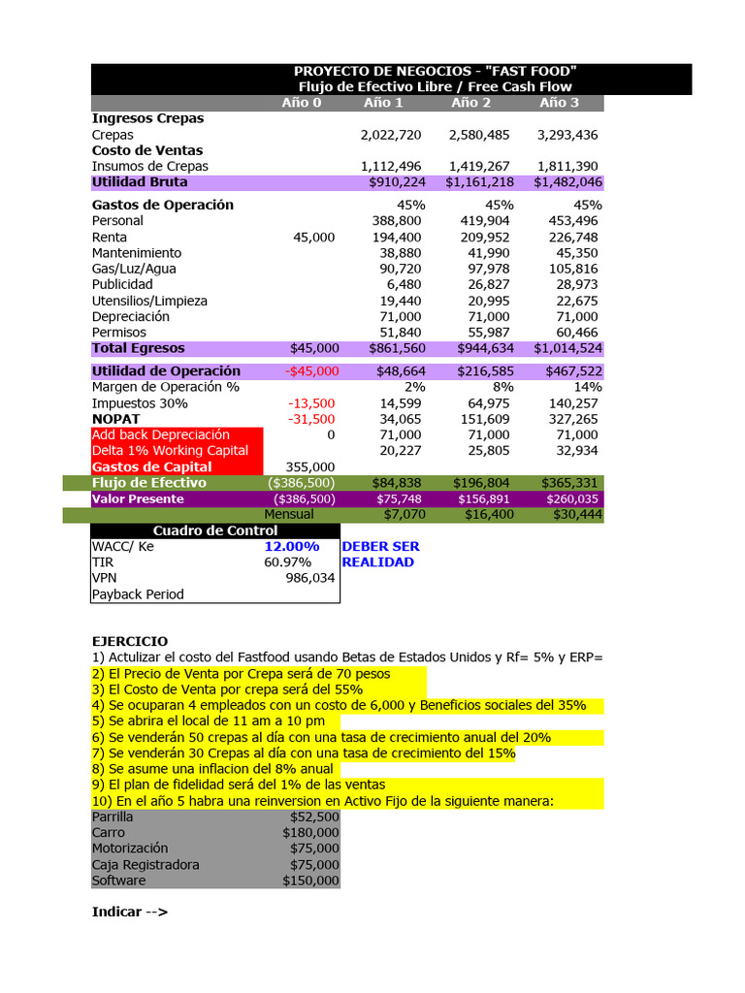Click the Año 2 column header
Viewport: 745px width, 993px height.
(x=471, y=103)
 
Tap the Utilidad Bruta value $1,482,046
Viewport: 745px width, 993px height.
(x=567, y=182)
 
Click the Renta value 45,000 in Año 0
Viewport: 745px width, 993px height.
(x=313, y=238)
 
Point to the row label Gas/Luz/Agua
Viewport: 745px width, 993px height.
(x=134, y=269)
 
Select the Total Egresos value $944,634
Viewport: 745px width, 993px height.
(x=479, y=348)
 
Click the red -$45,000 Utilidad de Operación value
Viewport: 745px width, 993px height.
(x=312, y=371)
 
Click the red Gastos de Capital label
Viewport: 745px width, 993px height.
(x=151, y=467)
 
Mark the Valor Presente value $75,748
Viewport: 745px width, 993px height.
(x=394, y=499)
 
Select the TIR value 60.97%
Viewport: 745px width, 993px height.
(x=288, y=562)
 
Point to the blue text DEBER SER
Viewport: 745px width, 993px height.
(x=380, y=547)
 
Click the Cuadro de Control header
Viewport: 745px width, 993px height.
(x=214, y=530)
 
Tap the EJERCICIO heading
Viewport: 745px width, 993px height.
(x=129, y=642)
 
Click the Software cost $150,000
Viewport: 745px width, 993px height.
(x=310, y=881)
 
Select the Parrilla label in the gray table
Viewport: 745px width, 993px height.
(x=113, y=817)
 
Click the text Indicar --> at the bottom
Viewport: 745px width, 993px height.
(x=129, y=912)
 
